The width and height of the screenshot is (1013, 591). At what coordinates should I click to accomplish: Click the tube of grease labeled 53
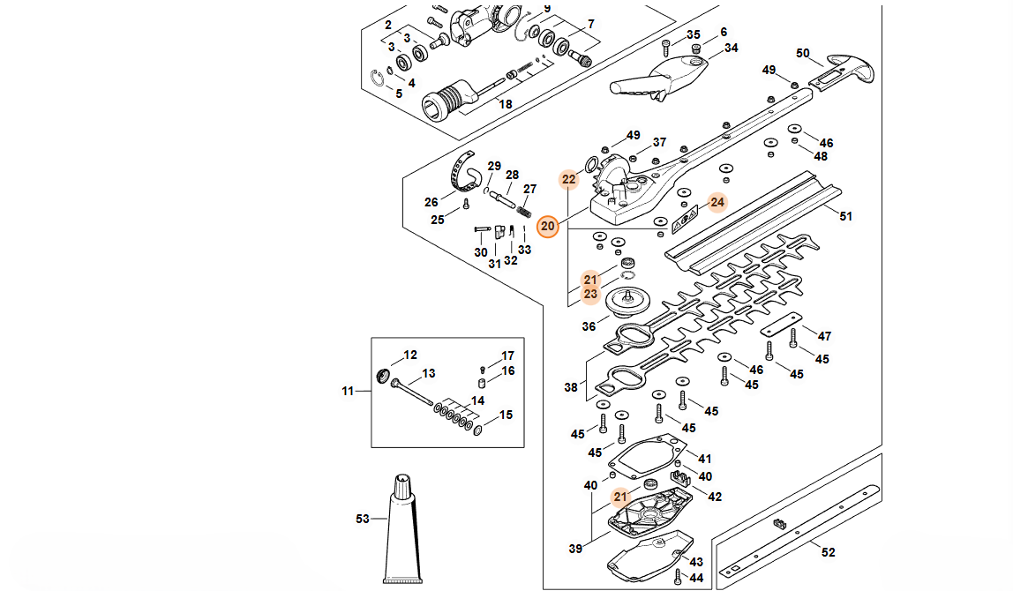click(403, 529)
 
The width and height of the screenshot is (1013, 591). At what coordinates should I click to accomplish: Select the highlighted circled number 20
click(547, 226)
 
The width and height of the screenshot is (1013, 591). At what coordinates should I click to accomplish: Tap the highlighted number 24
click(717, 202)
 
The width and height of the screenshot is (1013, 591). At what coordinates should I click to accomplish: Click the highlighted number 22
click(568, 179)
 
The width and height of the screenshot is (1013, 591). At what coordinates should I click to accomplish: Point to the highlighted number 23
click(590, 295)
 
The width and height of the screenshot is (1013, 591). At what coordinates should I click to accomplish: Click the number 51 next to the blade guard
click(845, 216)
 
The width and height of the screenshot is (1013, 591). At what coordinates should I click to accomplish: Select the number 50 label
click(802, 53)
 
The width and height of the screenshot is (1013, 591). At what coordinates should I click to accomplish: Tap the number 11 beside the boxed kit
click(349, 391)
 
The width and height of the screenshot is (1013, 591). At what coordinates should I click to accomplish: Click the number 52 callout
click(829, 552)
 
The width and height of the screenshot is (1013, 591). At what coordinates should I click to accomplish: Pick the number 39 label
click(575, 549)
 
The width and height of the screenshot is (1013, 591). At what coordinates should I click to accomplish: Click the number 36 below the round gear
click(589, 326)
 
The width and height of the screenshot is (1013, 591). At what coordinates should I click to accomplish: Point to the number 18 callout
click(506, 104)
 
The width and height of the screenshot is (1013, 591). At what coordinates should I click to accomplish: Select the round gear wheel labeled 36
click(627, 302)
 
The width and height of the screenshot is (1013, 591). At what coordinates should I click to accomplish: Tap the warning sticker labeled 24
click(685, 220)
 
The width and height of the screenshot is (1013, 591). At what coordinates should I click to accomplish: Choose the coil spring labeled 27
click(524, 211)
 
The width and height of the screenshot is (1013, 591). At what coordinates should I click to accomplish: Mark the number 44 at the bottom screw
click(696, 578)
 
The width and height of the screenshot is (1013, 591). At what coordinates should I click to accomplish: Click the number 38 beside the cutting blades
click(570, 387)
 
